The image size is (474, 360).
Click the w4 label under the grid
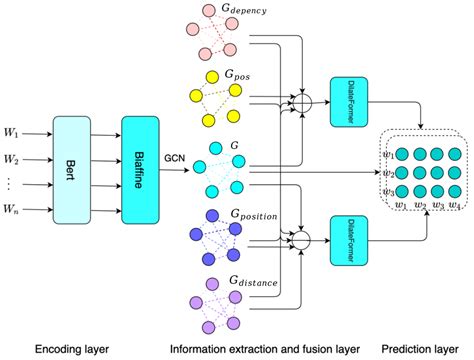pyautogui.click(x=454, y=205)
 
